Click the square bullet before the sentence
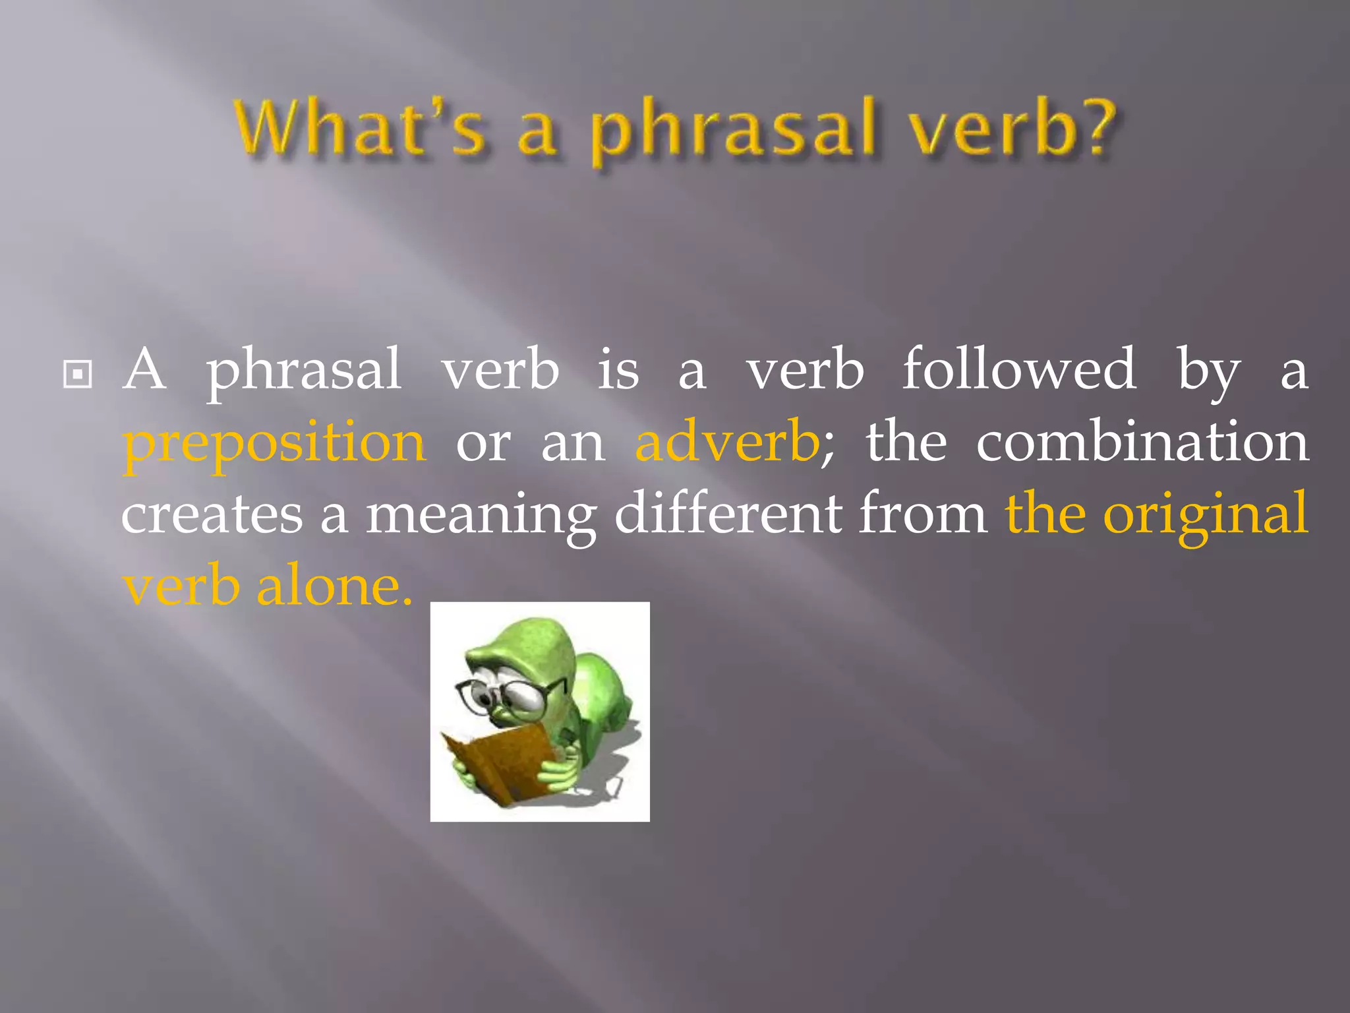click(x=77, y=375)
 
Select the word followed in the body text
click(x=1018, y=369)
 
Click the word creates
click(x=212, y=514)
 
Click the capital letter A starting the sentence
click(x=144, y=369)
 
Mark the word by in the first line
click(x=1208, y=373)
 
